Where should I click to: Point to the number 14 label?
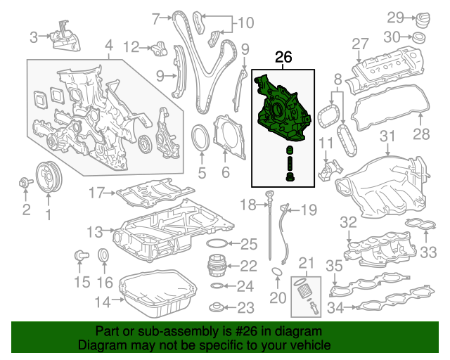102,303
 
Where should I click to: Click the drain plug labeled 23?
219,307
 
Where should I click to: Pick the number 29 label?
396,17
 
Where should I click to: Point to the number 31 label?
388,136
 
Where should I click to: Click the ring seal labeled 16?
103,255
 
